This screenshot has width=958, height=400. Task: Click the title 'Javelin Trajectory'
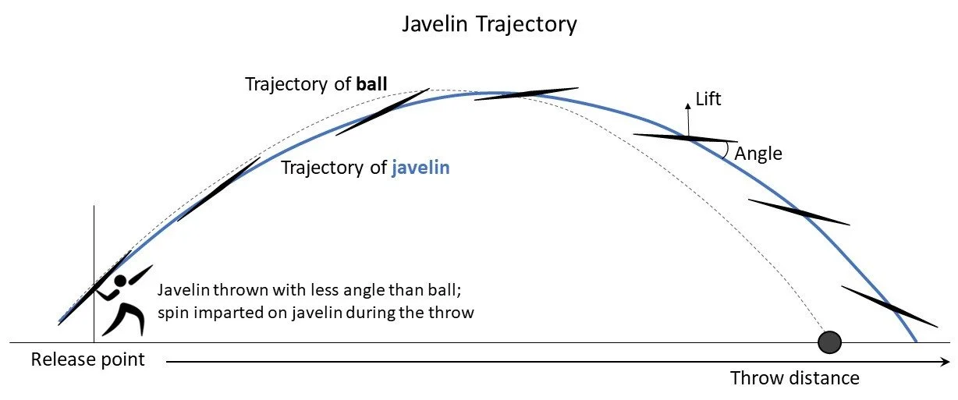coord(489,24)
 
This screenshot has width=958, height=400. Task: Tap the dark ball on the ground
coord(829,342)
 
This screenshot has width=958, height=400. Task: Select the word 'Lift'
coord(708,99)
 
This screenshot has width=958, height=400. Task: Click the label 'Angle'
coord(758,154)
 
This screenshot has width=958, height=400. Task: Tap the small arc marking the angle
coord(728,149)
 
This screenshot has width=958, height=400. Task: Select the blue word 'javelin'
coord(420,167)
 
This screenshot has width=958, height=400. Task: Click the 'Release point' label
coord(87,359)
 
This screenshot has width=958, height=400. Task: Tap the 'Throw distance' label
coord(794,378)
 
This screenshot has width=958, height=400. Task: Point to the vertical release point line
coord(94,234)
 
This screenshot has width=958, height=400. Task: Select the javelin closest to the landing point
coord(889,306)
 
